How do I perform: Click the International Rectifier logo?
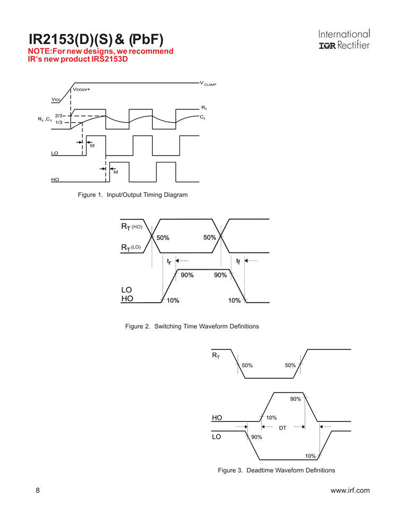tap(344, 40)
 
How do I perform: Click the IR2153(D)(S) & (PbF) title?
tap(96, 39)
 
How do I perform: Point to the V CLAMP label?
tap(209, 84)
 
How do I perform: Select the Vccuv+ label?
tap(82, 89)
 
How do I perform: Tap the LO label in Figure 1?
tap(54, 153)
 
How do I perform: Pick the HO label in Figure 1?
tap(55, 180)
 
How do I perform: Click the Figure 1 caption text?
tap(133, 195)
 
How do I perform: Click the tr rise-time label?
tap(168, 261)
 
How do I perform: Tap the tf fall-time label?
tap(238, 261)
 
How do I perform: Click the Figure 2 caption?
tap(192, 326)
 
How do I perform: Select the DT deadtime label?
tap(282, 428)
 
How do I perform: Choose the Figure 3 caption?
tap(276, 471)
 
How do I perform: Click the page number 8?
tap(38, 491)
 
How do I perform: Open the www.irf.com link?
tap(350, 491)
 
